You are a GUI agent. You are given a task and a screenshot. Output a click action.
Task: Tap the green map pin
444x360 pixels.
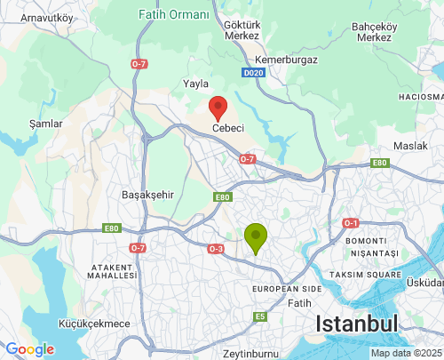256,236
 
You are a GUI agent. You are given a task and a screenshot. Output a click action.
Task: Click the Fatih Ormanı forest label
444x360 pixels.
175,15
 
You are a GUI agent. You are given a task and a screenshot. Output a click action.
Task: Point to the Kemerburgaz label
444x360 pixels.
286,60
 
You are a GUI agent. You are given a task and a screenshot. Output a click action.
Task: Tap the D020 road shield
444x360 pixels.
253,73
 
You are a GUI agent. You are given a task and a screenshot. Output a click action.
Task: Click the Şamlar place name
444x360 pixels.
45,124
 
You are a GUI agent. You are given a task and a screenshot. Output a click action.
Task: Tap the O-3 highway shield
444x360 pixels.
216,249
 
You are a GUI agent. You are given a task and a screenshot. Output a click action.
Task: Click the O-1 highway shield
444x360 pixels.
351,223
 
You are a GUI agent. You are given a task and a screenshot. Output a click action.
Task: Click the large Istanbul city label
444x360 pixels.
359,324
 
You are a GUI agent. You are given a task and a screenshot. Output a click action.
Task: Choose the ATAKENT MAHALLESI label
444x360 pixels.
111,271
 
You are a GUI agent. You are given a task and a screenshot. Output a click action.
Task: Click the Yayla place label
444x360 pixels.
195,84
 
